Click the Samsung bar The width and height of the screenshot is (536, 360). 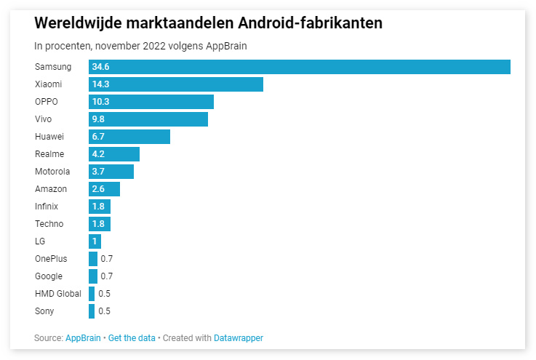(x=299, y=67)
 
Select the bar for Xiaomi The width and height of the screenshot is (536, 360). (x=176, y=84)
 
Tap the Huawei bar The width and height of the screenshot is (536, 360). (x=129, y=137)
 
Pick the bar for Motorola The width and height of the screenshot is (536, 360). (x=111, y=172)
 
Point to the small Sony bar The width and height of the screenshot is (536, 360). (x=92, y=311)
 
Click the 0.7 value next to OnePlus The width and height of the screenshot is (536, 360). (x=107, y=259)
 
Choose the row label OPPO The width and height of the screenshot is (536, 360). (x=47, y=102)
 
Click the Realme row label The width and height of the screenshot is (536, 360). (x=49, y=154)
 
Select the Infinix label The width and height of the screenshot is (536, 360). (x=47, y=207)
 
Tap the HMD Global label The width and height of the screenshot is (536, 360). (x=58, y=294)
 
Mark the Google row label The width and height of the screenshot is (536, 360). (x=49, y=276)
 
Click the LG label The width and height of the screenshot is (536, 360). (x=40, y=241)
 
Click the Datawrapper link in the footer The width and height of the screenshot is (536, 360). (x=239, y=338)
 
